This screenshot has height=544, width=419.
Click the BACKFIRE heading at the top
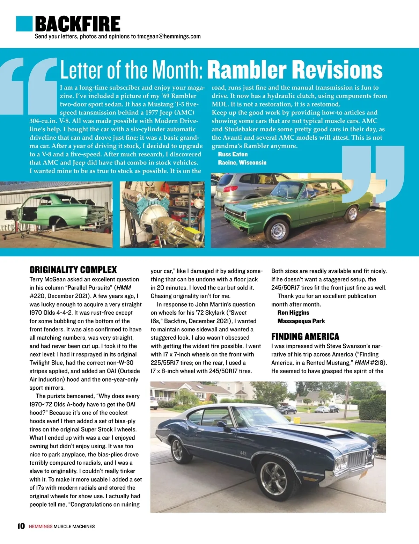pos(78,24)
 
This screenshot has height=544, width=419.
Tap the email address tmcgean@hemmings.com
pos(169,36)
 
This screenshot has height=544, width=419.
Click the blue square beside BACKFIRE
pos(24,23)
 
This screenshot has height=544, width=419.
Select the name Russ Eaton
pos(233,154)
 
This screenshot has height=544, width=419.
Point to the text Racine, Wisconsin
pos(242,163)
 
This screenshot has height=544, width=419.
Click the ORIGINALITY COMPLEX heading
pos(73,270)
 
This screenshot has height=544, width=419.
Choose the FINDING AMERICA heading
pos(305,336)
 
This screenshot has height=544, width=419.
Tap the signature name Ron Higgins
pos(293,313)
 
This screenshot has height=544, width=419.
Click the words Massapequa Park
pos(301,321)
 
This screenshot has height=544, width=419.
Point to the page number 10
pos(21,526)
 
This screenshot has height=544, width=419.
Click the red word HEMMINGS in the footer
pos(41,526)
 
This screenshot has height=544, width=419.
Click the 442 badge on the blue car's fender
pos(243,453)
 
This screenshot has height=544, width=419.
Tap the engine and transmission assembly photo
pos(162,215)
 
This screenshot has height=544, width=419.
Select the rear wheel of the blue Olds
pos(177,450)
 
